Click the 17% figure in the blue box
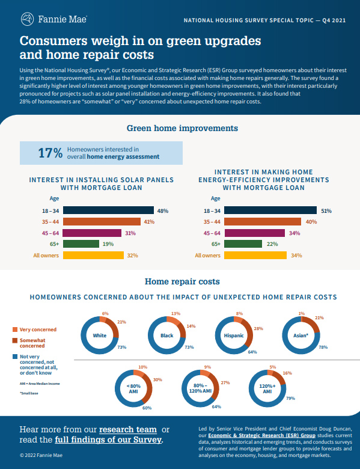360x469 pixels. coord(50,153)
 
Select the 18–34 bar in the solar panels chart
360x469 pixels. coord(108,211)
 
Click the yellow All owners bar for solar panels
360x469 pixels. coord(93,255)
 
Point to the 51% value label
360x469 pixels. coord(326,211)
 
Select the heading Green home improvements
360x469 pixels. coord(182,128)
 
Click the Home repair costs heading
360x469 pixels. coord(182,281)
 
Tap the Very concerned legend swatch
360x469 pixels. coord(15,330)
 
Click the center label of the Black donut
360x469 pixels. coord(167,335)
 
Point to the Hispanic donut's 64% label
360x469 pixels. coord(252,352)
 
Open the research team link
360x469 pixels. coord(128,429)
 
